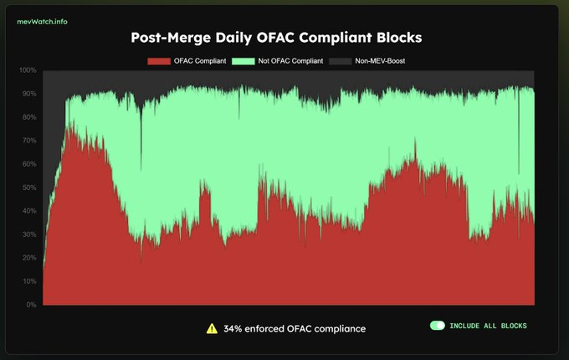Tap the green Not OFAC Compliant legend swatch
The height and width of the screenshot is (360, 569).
pos(244,61)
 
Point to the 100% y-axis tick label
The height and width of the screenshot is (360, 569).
pos(27,70)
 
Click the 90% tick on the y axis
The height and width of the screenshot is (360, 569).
pos(28,94)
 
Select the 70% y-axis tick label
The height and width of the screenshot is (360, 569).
pos(28,141)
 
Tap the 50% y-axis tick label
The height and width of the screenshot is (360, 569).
pos(28,188)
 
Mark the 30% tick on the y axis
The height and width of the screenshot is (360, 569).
pos(28,234)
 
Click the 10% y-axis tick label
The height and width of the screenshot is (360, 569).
pos(28,281)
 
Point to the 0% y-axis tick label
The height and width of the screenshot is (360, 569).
pos(31,305)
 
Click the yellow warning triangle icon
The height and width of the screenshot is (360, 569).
pos(212,328)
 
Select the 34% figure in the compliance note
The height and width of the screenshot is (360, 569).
pos(233,329)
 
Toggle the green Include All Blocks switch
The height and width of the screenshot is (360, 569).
pos(437,326)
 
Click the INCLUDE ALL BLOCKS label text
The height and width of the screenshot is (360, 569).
pos(488,326)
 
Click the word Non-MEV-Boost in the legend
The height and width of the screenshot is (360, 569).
pos(385,61)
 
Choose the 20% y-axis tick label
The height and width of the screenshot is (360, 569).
pos(28,258)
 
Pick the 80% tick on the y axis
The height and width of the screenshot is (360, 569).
pos(28,117)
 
